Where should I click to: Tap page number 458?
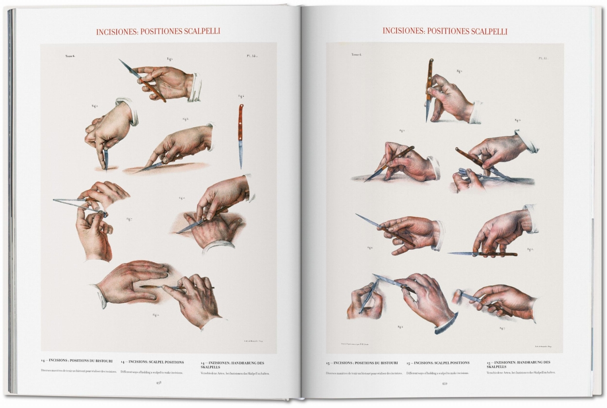pyautogui.click(x=158, y=382)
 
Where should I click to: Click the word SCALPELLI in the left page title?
pyautogui.click(x=196, y=32)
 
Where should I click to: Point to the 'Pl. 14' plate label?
pyautogui.click(x=252, y=56)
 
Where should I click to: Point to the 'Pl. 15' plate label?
pyautogui.click(x=542, y=58)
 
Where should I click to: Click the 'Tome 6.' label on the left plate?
pyautogui.click(x=70, y=56)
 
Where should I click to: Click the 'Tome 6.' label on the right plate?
pyautogui.click(x=357, y=55)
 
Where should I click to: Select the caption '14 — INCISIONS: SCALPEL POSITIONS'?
pyautogui.click(x=152, y=362)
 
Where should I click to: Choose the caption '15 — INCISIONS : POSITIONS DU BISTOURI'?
pyautogui.click(x=362, y=363)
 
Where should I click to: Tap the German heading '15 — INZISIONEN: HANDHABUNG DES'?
pyautogui.click(x=518, y=363)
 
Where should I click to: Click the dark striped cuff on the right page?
pyautogui.click(x=446, y=323)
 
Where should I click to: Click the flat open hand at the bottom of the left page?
pyautogui.click(x=129, y=283)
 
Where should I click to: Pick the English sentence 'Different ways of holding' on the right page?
pyautogui.click(x=437, y=373)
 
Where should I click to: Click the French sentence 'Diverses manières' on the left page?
pyautogui.click(x=78, y=372)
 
